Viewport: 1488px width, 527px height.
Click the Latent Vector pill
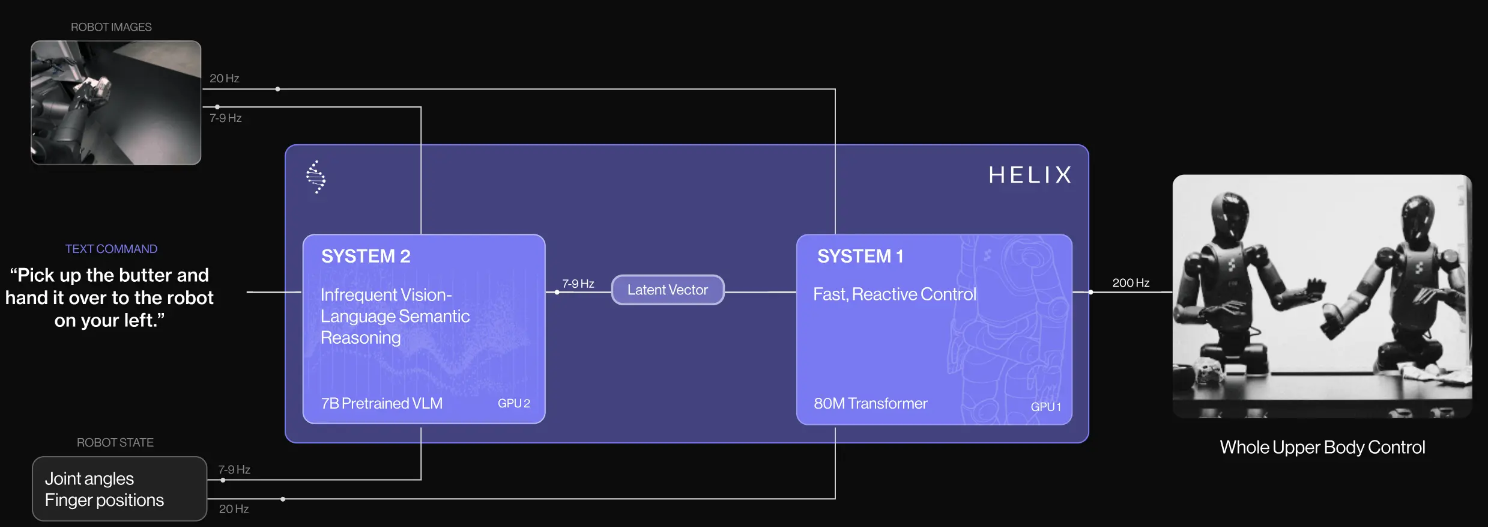(x=668, y=290)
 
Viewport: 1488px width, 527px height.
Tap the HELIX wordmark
(x=1030, y=175)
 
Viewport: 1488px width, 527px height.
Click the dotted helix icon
(x=316, y=177)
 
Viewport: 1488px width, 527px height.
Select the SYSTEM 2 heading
(x=366, y=256)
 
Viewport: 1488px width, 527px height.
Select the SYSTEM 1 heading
(x=860, y=256)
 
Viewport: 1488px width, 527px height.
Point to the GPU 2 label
(x=514, y=403)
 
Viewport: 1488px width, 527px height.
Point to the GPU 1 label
(x=1046, y=406)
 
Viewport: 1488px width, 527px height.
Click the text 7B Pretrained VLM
(x=382, y=403)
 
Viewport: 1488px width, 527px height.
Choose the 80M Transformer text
(x=871, y=403)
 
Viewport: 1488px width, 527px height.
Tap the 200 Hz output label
(x=1131, y=282)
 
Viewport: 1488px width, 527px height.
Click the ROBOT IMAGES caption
(x=111, y=27)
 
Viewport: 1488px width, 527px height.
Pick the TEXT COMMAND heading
(x=111, y=249)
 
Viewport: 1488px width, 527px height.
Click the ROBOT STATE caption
(x=115, y=442)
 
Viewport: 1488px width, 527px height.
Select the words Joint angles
(x=89, y=479)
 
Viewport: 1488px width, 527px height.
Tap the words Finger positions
(x=104, y=501)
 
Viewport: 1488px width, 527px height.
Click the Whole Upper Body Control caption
(x=1322, y=447)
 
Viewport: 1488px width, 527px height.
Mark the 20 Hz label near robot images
(x=225, y=78)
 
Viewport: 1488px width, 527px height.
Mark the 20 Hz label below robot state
(x=234, y=509)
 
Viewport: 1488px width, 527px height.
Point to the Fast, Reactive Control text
(x=895, y=294)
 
